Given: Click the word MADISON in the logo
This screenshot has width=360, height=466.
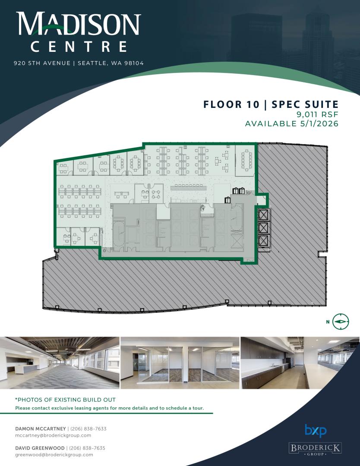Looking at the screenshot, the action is pos(79,24).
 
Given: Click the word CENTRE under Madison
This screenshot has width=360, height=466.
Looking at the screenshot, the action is pos(79,47).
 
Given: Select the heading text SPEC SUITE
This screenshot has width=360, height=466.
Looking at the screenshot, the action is pos(305,104).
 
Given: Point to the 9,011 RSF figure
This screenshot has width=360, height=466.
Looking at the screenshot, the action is pos(317,114).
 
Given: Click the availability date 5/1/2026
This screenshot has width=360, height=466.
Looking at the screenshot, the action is pos(318,124).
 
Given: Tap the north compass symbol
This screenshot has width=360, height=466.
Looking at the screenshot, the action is pos(341,321).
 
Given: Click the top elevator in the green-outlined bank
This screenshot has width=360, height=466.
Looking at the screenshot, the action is pos(264,215).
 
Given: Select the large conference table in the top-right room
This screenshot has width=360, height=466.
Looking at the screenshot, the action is pos(246,160).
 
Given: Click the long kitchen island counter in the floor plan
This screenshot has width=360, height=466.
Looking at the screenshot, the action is pos(188,187).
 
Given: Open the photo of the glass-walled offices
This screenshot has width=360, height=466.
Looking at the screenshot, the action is pos(180,362).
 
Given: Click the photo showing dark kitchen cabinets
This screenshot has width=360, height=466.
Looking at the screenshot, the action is pos(300,362).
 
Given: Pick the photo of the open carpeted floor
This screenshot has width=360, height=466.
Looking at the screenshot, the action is pos(60,362).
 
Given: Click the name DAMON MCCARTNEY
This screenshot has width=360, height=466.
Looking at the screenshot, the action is pos(41,428).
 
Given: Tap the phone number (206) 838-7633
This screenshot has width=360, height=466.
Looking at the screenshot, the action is pos(88,428).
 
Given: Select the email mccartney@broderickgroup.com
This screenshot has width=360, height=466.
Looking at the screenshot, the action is pos(53,435).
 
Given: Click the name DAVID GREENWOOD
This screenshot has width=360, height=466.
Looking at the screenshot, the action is pos(40,448).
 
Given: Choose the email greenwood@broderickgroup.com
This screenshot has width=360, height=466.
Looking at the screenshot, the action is pos(54,455).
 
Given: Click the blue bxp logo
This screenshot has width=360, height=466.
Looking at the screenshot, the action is pos(316,431).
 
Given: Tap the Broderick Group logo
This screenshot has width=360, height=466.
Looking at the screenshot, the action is pos(315,449).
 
